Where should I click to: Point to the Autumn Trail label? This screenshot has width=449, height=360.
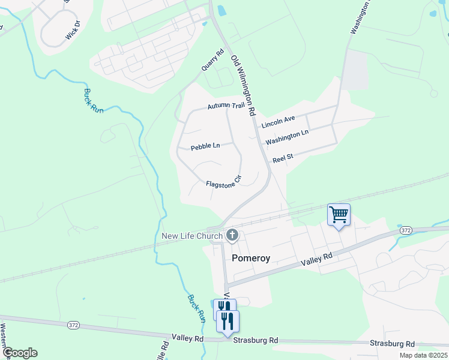(226, 106)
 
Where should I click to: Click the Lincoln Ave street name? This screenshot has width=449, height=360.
(278, 122)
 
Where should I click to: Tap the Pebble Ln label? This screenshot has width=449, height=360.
(205, 146)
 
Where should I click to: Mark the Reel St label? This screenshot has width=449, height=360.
(282, 158)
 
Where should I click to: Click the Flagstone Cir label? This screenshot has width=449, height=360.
(223, 185)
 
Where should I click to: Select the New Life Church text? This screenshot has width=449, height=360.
(192, 236)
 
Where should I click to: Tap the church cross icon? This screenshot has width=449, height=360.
(232, 236)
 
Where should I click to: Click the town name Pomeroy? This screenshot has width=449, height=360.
(251, 258)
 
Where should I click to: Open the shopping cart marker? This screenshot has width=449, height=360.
(339, 214)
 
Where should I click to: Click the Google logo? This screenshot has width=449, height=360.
(20, 353)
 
